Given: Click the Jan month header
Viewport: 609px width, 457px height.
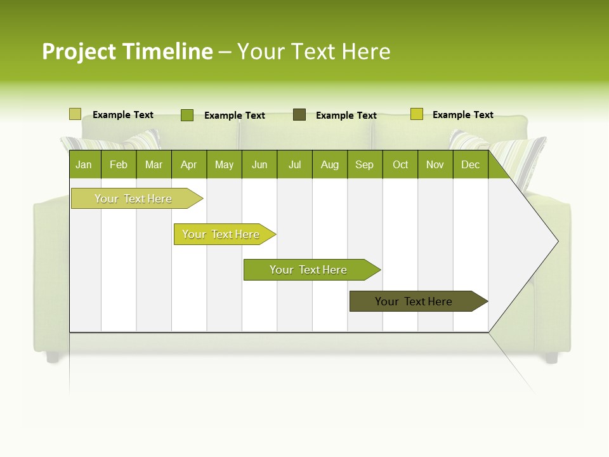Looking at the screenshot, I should coord(84,164).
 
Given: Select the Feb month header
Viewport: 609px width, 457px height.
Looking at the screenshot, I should coord(119,164).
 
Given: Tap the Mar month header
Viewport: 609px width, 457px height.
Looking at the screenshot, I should coord(154,164).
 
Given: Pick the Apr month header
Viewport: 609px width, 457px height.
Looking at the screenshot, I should coord(189,164).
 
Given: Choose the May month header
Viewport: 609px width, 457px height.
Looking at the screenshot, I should coord(224,164).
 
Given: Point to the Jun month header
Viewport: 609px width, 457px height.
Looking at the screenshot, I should coord(259,164).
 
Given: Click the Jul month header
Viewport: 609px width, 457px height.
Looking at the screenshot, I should coord(294,164).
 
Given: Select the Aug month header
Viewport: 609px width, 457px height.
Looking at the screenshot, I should coord(330,164).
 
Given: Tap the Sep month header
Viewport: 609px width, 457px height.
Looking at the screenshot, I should coord(365,164).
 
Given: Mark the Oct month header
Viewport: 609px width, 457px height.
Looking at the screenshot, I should coord(400,164).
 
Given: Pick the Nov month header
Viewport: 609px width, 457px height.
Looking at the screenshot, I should coord(435,164).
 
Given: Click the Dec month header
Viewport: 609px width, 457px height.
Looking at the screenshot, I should coord(471,164).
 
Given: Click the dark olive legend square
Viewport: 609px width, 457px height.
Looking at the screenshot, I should coord(299,115).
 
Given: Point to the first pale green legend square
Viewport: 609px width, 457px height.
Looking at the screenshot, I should coord(75,114).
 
